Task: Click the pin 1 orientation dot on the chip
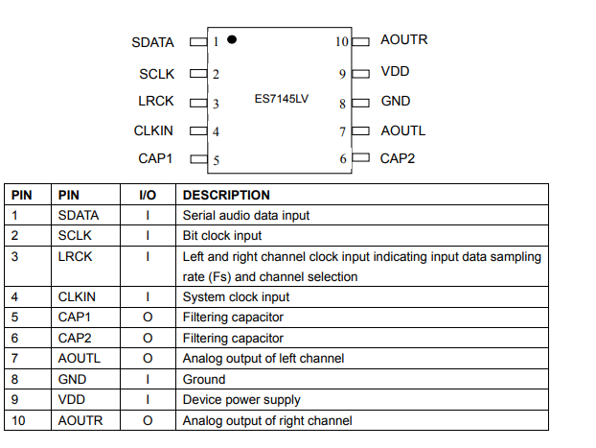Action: click(232, 39)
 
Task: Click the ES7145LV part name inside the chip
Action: click(282, 99)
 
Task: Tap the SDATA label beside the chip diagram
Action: click(152, 42)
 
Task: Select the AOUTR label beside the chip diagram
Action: click(404, 39)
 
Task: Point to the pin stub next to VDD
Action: click(360, 74)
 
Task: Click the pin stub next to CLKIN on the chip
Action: click(198, 130)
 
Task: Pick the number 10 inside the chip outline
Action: click(342, 41)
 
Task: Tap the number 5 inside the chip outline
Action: click(217, 160)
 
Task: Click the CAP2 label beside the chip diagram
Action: click(398, 158)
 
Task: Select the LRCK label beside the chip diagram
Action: click(156, 102)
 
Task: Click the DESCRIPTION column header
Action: click(226, 195)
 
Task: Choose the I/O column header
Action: click(148, 195)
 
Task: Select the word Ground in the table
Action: click(204, 379)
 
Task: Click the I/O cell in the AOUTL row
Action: click(148, 358)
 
